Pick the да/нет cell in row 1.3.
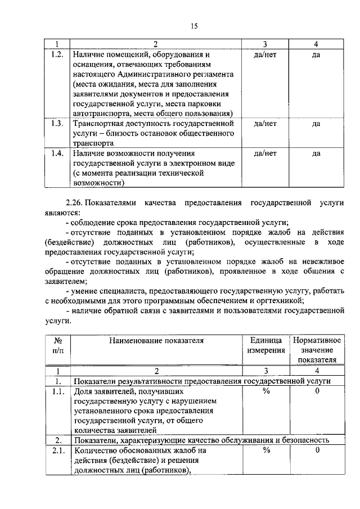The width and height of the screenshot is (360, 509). pos(264,123)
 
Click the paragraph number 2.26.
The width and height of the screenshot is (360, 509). pos(76,202)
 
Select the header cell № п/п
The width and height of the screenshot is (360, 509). pos(57,345)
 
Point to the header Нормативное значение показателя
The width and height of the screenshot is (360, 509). pos(317,350)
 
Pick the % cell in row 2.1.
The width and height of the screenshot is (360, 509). pos(266,451)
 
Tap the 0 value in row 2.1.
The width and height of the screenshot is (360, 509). pos(317,451)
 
